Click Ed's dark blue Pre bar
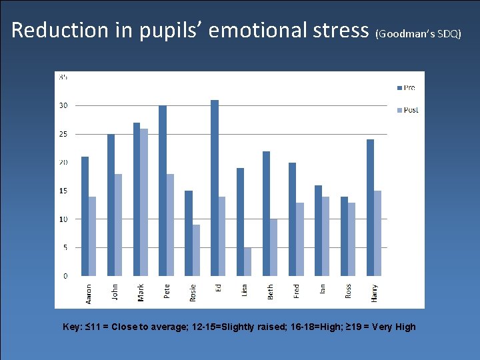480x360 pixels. point(215,188)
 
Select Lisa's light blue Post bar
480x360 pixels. point(248,261)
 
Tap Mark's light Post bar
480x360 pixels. point(144,202)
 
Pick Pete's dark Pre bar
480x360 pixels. point(163,191)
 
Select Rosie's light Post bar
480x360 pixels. point(196,250)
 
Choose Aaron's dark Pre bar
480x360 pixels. point(85,216)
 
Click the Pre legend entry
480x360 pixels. point(406,87)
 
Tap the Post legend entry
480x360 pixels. point(407,110)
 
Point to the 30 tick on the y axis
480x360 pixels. point(63,105)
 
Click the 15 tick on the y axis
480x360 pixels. point(63,191)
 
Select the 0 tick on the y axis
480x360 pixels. point(65,275)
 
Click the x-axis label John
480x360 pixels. point(115,292)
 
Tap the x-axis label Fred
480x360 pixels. point(297,291)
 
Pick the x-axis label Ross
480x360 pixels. point(348,291)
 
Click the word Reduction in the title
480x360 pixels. point(59,30)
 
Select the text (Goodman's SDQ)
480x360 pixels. point(418,33)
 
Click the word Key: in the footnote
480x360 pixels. point(72,327)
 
